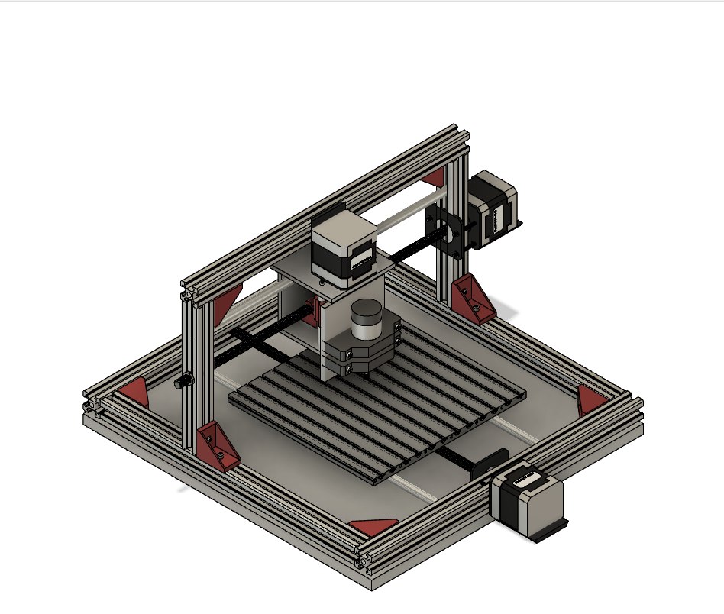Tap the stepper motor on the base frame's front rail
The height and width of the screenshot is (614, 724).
click(528, 503)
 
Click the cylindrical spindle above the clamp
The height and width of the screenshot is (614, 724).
click(367, 319)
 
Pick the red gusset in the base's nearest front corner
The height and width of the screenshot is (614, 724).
click(373, 526)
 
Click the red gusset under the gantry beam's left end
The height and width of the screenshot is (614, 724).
click(227, 305)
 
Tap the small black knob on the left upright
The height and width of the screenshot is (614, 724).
click(183, 382)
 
